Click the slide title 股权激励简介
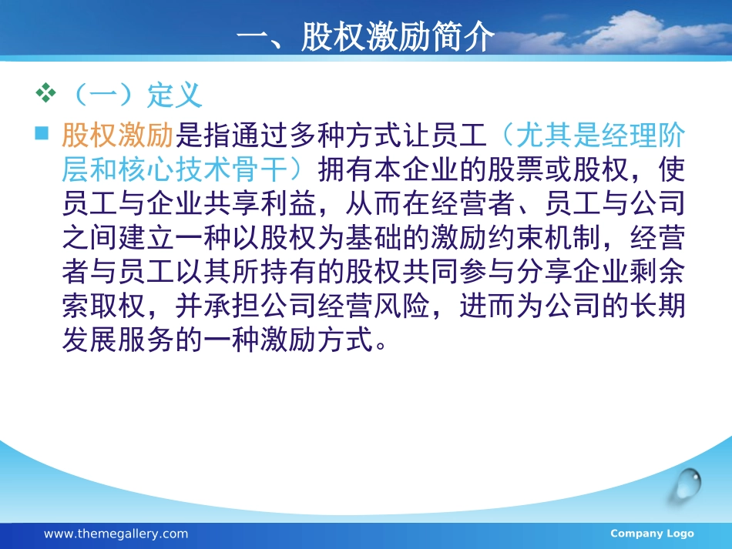tap(398, 36)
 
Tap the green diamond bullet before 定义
tap(45, 92)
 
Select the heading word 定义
tap(175, 95)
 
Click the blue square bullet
tap(42, 133)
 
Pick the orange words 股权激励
tap(118, 136)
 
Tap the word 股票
tap(515, 169)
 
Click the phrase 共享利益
tap(260, 203)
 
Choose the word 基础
tap(374, 237)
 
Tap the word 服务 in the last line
tap(146, 340)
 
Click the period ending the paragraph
tap(381, 346)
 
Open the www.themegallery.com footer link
tap(116, 534)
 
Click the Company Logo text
tap(652, 533)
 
